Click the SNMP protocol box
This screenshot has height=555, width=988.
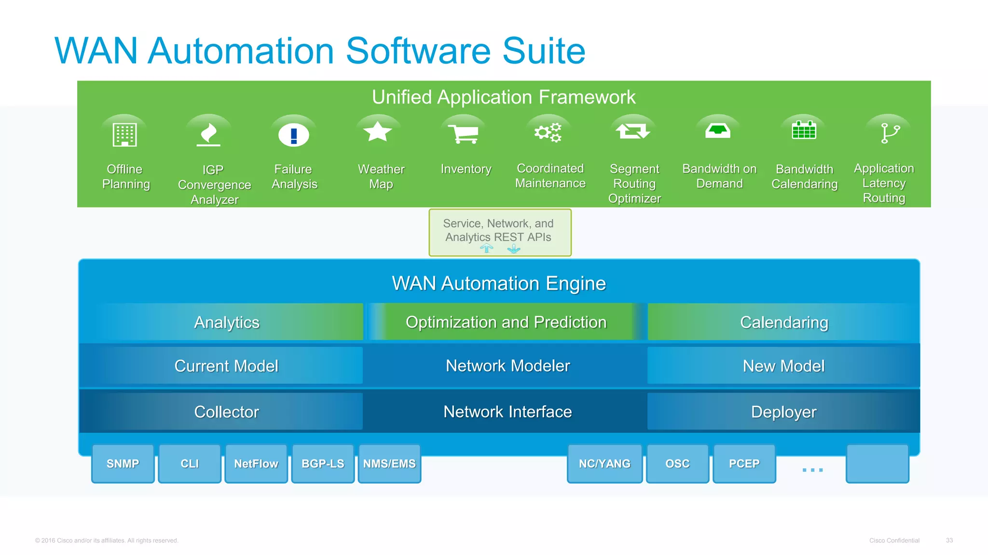[x=123, y=463]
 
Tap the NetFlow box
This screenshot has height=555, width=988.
[x=256, y=463]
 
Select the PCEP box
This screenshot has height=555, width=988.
[x=744, y=463]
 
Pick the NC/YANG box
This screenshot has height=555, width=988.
[x=604, y=463]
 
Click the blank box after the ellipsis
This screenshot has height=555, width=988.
[x=877, y=463]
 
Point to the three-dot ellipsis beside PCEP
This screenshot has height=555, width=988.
[x=812, y=470]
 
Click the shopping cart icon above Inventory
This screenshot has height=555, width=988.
[x=463, y=133]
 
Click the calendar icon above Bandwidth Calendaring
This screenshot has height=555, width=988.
[x=804, y=130]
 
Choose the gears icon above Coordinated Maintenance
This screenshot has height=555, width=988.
[x=548, y=132]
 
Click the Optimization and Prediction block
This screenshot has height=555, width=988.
[x=506, y=322]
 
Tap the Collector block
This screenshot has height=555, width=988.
[x=226, y=412]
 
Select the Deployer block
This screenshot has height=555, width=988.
[x=783, y=412]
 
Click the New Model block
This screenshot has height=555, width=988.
[x=783, y=366]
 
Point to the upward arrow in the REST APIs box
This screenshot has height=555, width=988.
[x=487, y=248]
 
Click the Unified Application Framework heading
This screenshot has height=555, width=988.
[x=503, y=97]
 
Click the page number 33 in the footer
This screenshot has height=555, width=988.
[x=949, y=541]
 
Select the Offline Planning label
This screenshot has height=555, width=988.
[x=125, y=176]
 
